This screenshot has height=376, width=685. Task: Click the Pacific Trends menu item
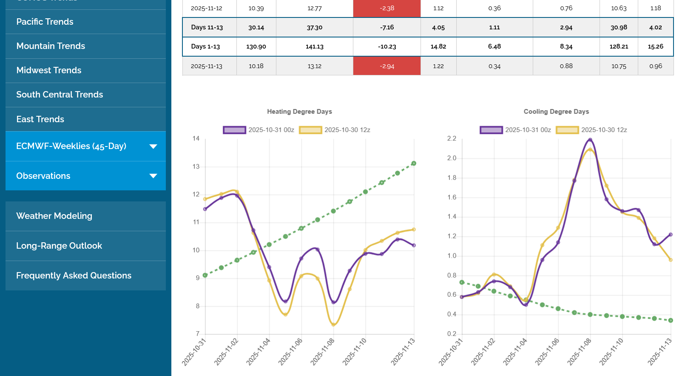click(x=45, y=22)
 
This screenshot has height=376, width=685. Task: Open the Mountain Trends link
click(x=51, y=46)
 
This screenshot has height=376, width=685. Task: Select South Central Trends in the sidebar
click(x=60, y=95)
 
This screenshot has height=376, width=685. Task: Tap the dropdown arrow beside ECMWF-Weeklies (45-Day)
click(x=153, y=146)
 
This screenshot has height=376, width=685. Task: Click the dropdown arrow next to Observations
click(x=153, y=176)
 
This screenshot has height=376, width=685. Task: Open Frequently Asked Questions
click(x=74, y=276)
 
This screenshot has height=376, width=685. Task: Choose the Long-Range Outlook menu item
click(x=59, y=246)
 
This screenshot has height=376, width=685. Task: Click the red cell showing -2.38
click(x=387, y=8)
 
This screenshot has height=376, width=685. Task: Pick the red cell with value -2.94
click(x=387, y=66)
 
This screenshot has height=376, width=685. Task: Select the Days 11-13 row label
click(x=207, y=27)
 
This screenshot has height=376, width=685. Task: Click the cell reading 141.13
click(x=314, y=46)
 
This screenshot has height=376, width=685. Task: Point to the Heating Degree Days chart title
click(x=299, y=112)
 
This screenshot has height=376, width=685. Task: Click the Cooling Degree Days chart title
click(x=556, y=112)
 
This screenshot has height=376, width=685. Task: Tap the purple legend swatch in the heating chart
click(x=234, y=130)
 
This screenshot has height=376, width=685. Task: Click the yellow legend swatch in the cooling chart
click(x=567, y=130)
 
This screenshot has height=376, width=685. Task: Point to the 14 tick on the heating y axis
click(x=196, y=138)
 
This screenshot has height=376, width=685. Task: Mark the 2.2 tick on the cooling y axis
click(x=452, y=138)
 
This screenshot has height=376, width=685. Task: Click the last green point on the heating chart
click(x=414, y=164)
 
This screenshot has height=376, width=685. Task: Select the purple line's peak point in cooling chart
click(x=590, y=140)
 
